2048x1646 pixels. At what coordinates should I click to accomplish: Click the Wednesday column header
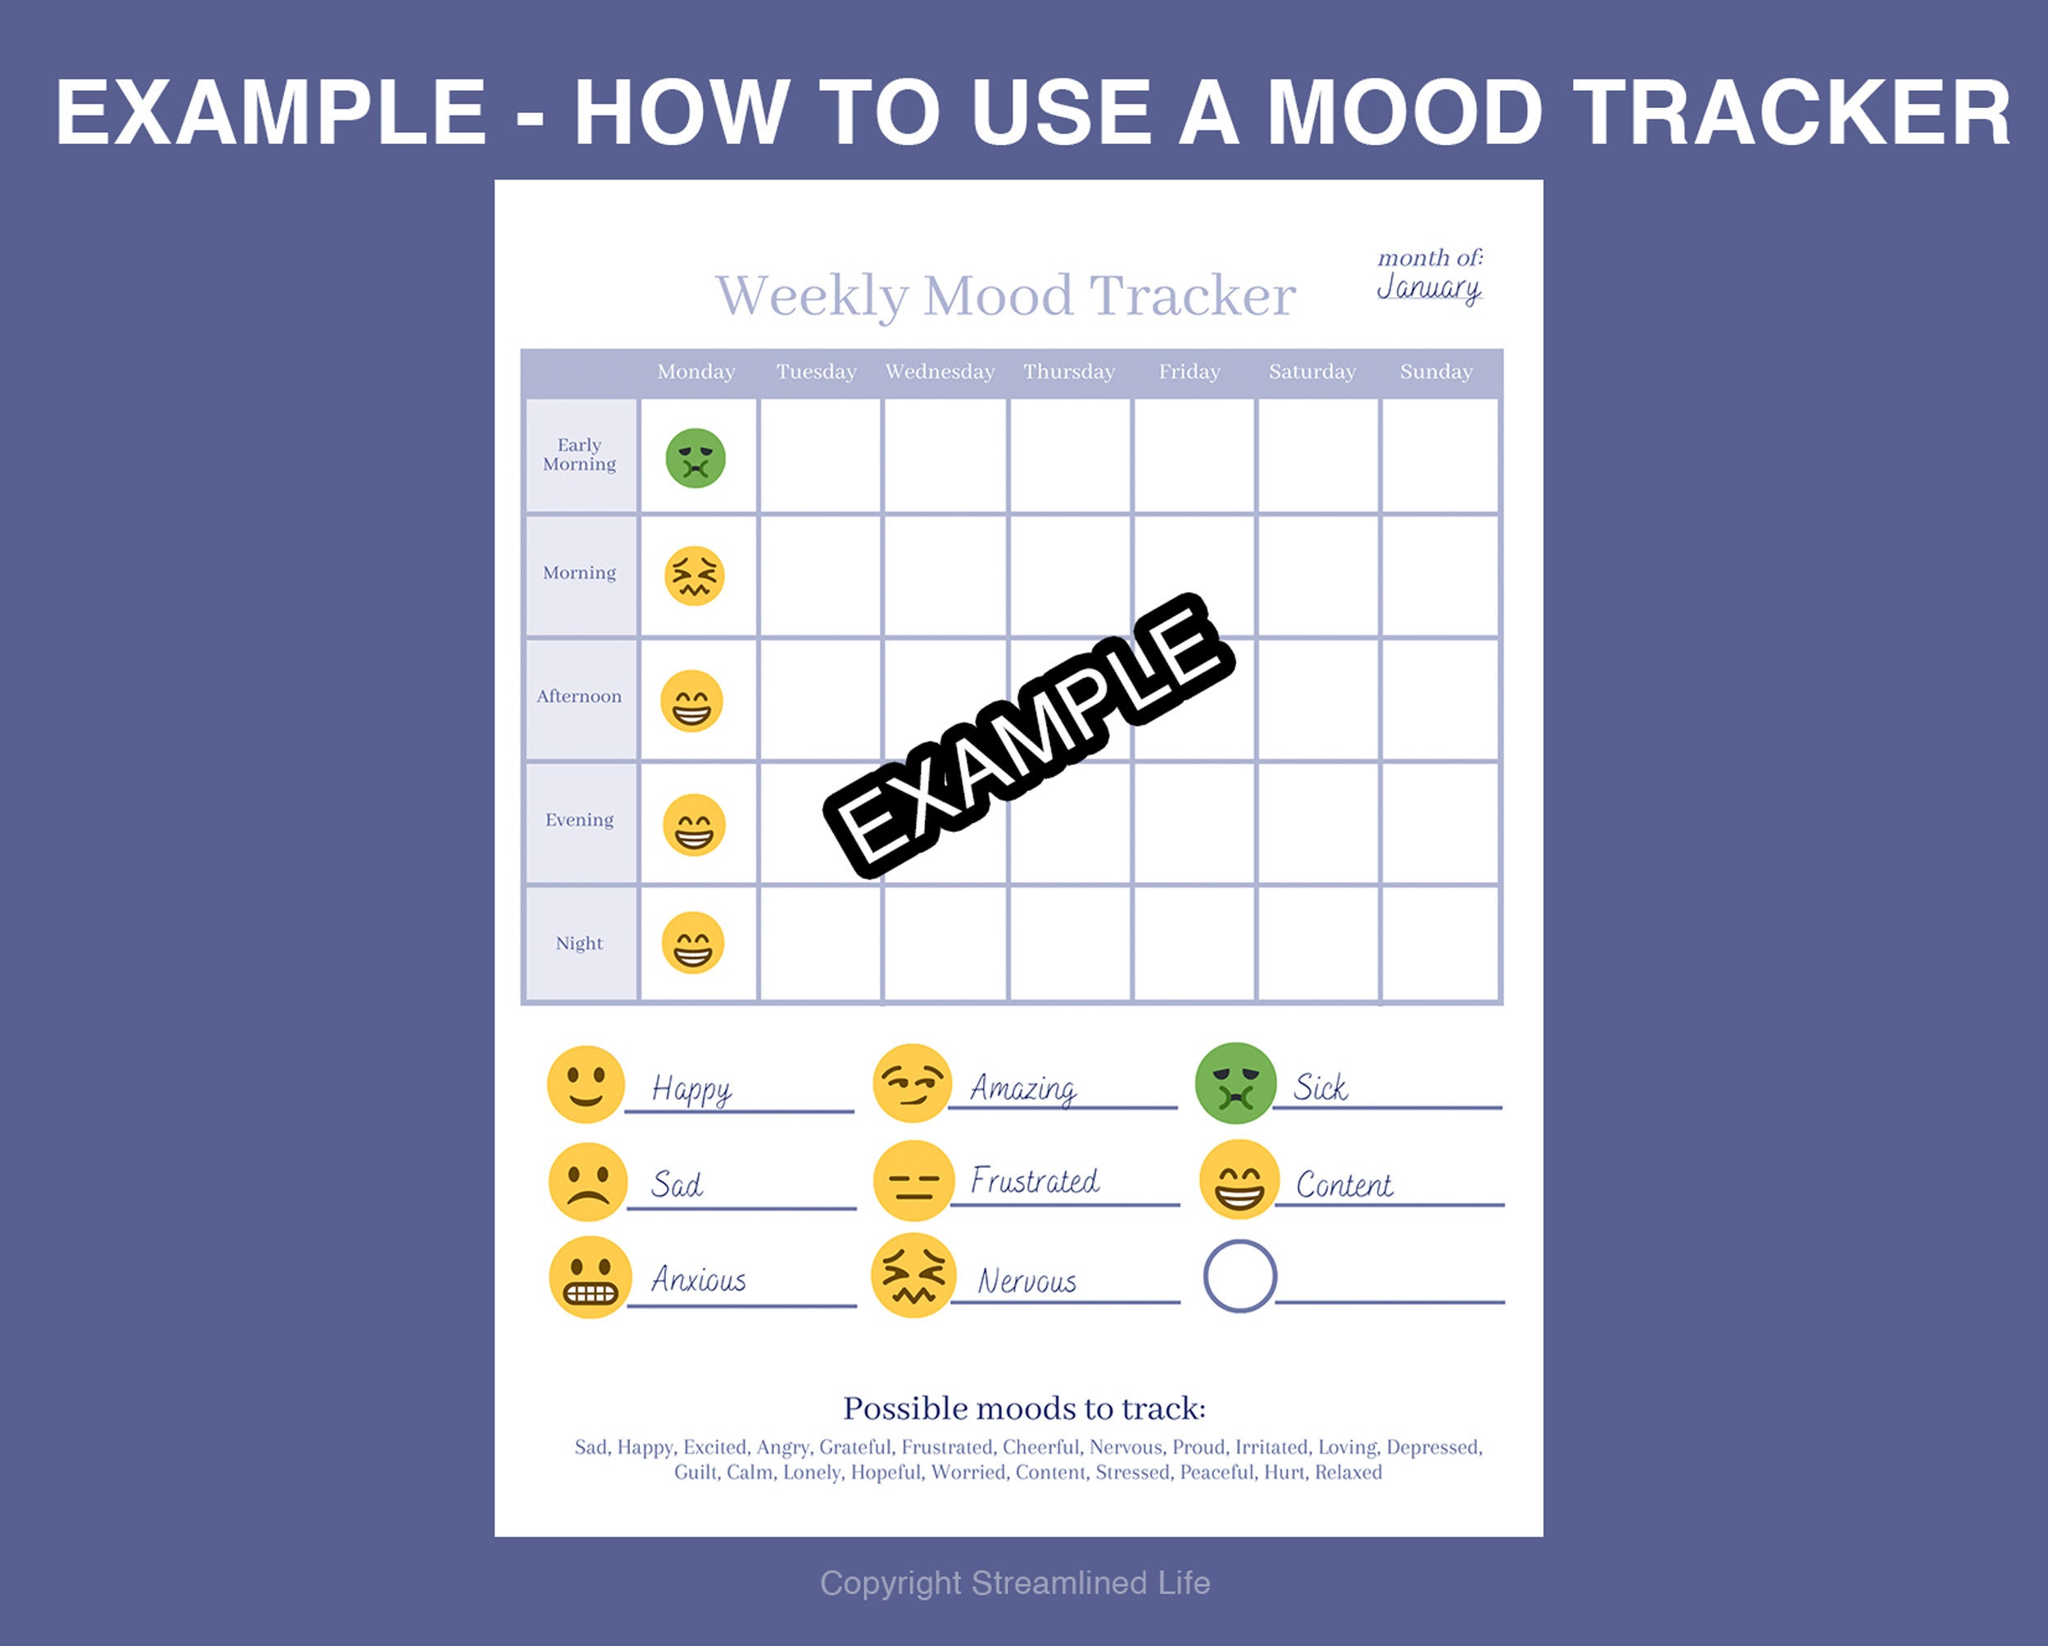pyautogui.click(x=940, y=371)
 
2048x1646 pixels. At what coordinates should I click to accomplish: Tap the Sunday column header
pyautogui.click(x=1435, y=371)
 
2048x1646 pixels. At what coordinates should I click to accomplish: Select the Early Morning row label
pyautogui.click(x=579, y=454)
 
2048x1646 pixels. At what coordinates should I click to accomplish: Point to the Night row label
pyautogui.click(x=579, y=943)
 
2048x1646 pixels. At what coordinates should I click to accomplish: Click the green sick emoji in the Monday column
pyautogui.click(x=696, y=458)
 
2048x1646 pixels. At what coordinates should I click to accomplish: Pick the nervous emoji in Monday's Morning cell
pyautogui.click(x=695, y=576)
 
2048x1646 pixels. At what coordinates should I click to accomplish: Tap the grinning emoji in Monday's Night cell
pyautogui.click(x=692, y=943)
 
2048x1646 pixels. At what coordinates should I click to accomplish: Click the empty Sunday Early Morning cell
pyautogui.click(x=1439, y=456)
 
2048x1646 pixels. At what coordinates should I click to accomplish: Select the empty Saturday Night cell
pyautogui.click(x=1317, y=943)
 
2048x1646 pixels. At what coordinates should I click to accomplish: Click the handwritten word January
pyautogui.click(x=1429, y=287)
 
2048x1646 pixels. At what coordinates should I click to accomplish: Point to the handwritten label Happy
pyautogui.click(x=691, y=1089)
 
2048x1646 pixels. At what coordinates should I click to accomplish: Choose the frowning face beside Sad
pyautogui.click(x=588, y=1182)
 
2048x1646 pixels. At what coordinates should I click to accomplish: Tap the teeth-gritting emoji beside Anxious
pyautogui.click(x=590, y=1277)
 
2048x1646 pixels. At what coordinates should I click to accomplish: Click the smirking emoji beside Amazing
pyautogui.click(x=912, y=1083)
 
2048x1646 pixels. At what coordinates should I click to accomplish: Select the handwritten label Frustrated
pyautogui.click(x=1035, y=1181)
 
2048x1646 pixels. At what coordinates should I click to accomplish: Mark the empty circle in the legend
pyautogui.click(x=1239, y=1277)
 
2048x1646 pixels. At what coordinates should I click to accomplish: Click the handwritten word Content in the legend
pyautogui.click(x=1344, y=1184)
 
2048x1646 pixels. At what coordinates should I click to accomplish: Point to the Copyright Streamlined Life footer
pyautogui.click(x=1014, y=1583)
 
